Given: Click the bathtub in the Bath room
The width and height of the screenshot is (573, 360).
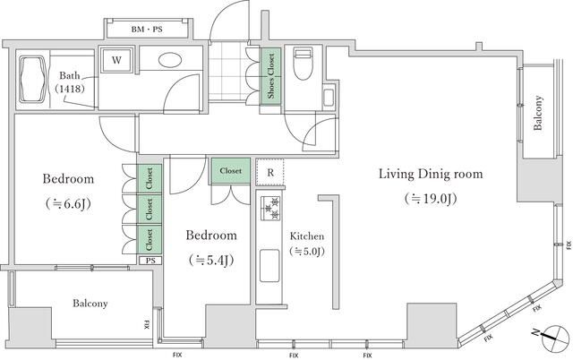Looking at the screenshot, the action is click(x=33, y=80).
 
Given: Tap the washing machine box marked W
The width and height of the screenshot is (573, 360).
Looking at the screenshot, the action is click(x=116, y=60).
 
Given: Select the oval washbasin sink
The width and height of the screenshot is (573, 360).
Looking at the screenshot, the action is click(x=170, y=60).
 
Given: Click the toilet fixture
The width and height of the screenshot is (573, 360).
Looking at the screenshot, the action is click(x=304, y=64).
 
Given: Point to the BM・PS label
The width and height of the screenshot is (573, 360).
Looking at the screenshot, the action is click(x=147, y=30).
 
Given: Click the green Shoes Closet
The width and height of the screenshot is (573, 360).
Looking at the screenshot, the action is click(x=270, y=76).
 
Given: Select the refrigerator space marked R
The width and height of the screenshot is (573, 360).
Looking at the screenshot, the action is click(x=270, y=172).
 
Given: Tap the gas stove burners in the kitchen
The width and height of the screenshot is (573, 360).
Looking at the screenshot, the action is click(x=270, y=208).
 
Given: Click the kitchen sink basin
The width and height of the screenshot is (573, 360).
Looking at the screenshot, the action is click(x=269, y=266).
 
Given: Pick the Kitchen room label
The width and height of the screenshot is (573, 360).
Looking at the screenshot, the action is click(x=307, y=236).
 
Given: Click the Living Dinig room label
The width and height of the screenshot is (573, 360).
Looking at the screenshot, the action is click(x=431, y=174).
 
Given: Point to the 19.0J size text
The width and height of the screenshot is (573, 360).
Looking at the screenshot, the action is click(x=431, y=199).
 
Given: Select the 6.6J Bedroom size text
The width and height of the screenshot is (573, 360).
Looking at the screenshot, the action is click(x=68, y=203).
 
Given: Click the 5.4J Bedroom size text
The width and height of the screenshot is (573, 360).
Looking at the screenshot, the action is click(x=211, y=260).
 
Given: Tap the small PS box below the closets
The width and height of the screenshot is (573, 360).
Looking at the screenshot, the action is click(x=150, y=261).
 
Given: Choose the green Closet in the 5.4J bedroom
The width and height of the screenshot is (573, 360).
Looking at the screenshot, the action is click(x=231, y=171).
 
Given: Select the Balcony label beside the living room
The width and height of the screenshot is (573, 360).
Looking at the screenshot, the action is click(x=537, y=113).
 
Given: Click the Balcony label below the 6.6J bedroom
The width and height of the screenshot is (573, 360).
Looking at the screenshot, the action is click(x=90, y=304).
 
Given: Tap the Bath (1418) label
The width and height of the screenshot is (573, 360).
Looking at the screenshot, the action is click(x=70, y=81).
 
